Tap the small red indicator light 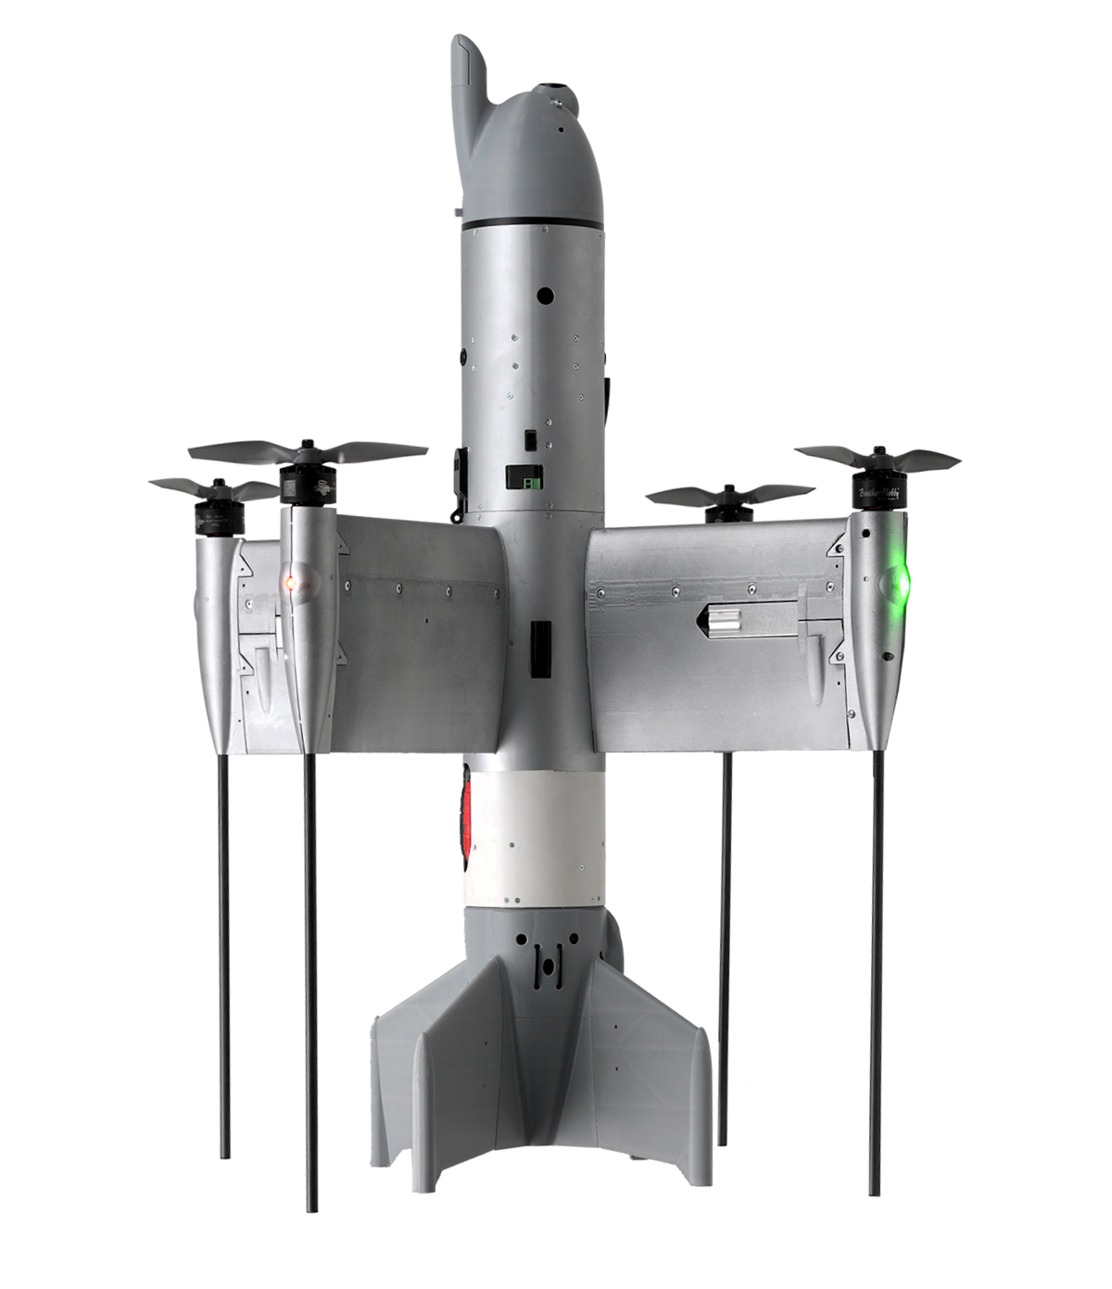[x=290, y=583]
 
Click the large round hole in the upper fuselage [x=545, y=295]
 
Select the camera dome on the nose [x=556, y=95]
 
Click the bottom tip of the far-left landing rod [x=224, y=1156]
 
